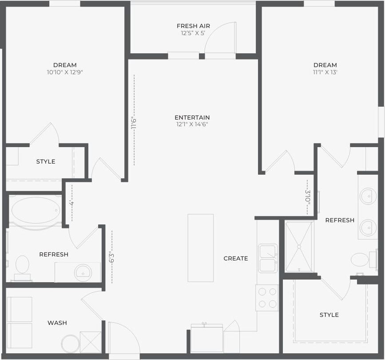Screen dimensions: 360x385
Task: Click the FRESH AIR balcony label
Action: point(193,26)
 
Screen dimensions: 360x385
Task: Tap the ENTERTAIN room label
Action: point(192,117)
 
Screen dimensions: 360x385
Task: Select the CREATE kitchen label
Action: point(236,258)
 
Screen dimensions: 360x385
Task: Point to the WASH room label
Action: point(57,323)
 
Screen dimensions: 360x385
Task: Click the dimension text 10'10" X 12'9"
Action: point(65,72)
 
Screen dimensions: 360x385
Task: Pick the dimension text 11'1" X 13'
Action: point(325,72)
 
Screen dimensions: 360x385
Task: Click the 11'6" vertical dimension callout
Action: point(133,122)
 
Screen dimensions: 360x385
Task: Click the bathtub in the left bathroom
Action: point(36,210)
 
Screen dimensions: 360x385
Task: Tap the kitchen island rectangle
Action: point(200,248)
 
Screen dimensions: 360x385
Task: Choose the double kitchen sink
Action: point(268,258)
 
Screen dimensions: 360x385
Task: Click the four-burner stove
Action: point(267,298)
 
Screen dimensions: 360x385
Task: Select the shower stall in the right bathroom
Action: point(299,247)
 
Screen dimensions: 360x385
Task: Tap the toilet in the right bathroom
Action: point(360,260)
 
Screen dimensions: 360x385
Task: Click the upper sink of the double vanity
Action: point(368,196)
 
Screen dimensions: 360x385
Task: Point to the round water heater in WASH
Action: point(70,344)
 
